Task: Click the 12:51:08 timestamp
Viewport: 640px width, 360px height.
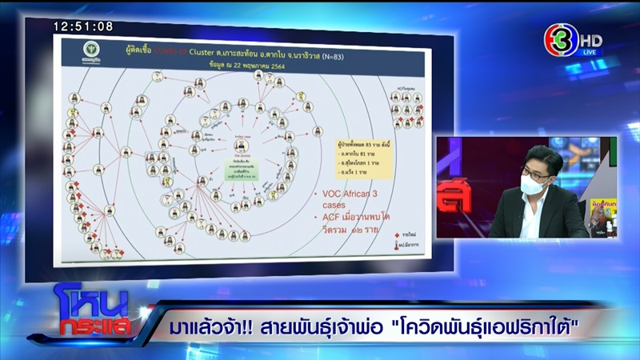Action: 83,26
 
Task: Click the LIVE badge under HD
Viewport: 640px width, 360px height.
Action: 590,51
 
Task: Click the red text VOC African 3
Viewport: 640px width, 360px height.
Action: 342,195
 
